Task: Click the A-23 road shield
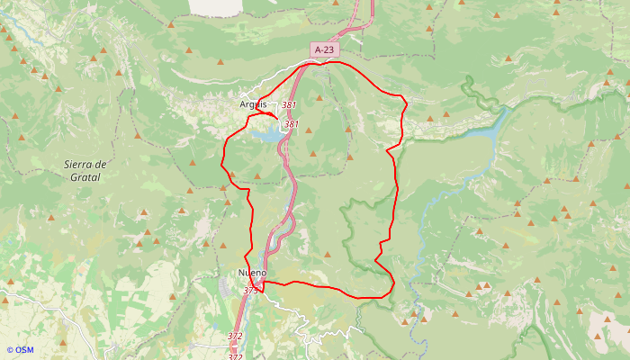point(325,49)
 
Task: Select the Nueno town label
point(252,273)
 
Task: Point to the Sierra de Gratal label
point(86,171)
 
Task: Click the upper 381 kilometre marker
point(289,106)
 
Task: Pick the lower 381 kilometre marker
point(291,124)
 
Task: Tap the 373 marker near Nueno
point(251,290)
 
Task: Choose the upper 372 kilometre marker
point(235,337)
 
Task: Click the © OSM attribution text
point(20,350)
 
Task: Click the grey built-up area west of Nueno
point(226,286)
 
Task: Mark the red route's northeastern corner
point(404,102)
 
